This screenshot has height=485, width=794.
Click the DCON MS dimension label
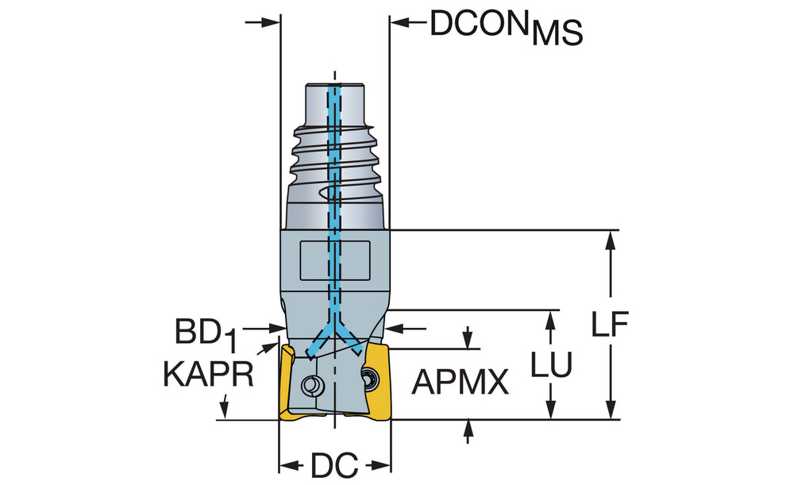pos(506,27)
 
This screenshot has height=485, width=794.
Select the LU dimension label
pos(552,364)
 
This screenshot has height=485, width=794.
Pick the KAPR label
pos(209,374)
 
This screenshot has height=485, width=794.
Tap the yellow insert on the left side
pos(285,381)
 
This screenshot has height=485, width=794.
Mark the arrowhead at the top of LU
pos(549,318)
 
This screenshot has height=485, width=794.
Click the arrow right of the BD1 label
pos(276,327)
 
